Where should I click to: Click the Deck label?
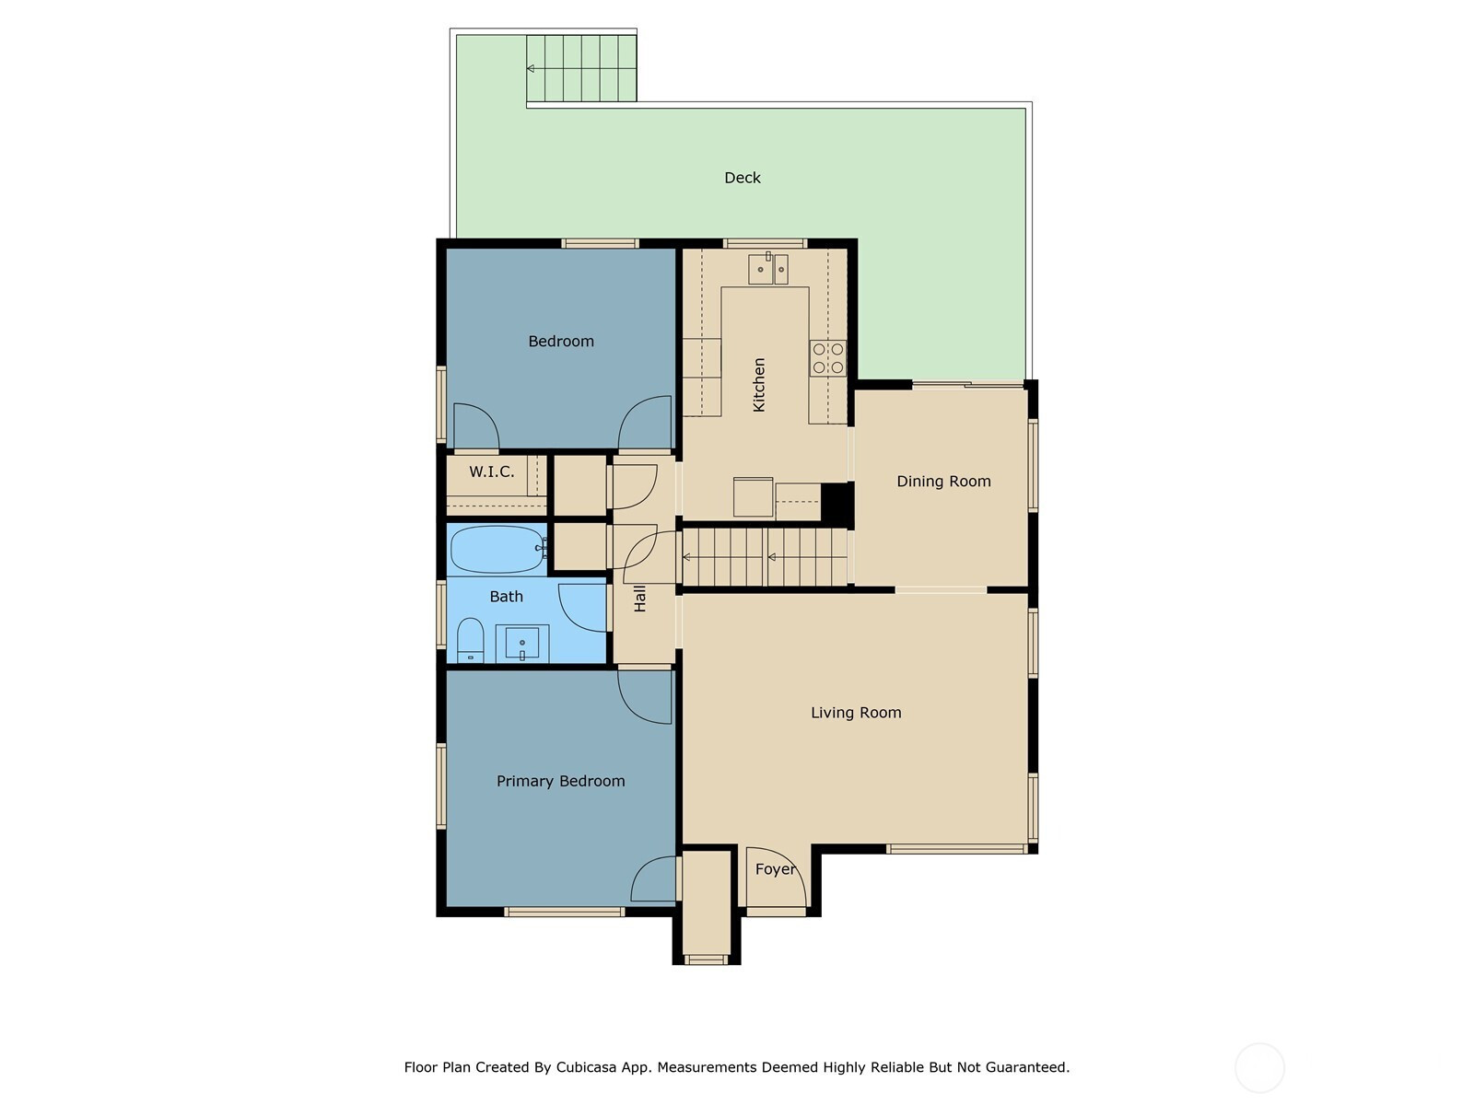click(x=742, y=178)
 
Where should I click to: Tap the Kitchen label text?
click(x=759, y=384)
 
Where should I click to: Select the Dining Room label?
click(x=943, y=481)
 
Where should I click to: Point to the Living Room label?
click(x=856, y=713)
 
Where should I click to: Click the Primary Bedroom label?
click(x=561, y=781)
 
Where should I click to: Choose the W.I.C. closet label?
click(x=492, y=471)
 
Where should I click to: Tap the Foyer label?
click(x=776, y=869)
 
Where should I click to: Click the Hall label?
click(x=640, y=598)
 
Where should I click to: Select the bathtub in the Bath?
click(x=497, y=550)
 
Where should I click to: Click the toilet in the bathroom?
click(x=470, y=640)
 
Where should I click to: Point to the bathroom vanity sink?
click(x=521, y=644)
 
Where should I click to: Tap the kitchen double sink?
click(x=768, y=269)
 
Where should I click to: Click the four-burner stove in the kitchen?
click(x=828, y=358)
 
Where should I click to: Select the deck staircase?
click(x=581, y=68)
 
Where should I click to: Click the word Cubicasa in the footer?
click(x=586, y=1066)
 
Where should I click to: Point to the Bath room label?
click(x=506, y=597)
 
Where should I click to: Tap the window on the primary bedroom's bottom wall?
click(x=564, y=912)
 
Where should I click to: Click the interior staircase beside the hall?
click(x=765, y=557)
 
